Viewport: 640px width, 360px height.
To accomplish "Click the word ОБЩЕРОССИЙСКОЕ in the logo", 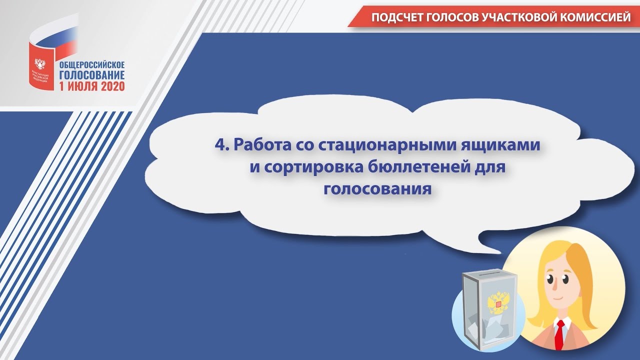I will [92, 65].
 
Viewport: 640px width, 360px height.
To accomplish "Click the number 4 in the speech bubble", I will [218, 145].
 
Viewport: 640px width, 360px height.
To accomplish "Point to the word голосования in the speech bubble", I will [377, 189].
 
